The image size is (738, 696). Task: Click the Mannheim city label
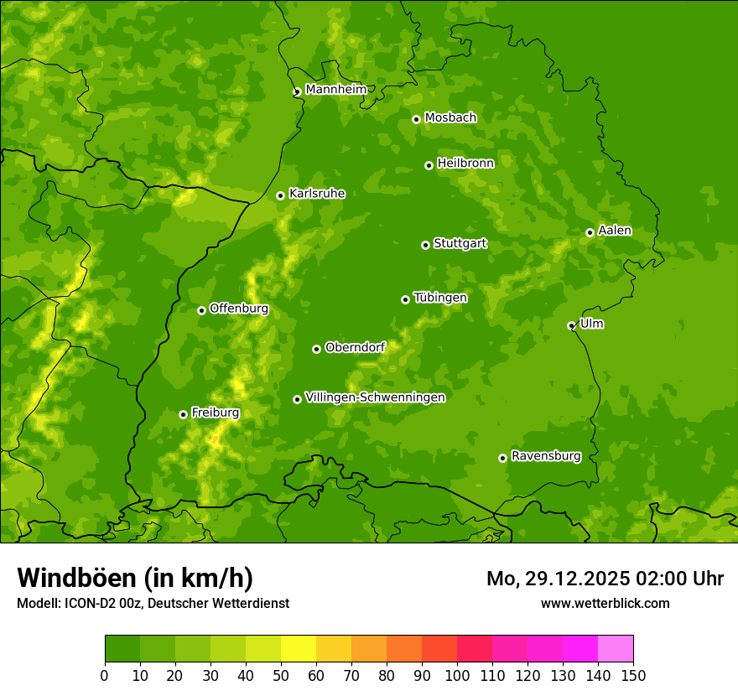(x=335, y=90)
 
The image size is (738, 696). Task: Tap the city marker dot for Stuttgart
(x=425, y=245)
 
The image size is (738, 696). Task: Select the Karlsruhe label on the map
(x=316, y=194)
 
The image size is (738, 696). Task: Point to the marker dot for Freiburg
(x=183, y=414)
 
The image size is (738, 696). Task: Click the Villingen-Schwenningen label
(x=375, y=397)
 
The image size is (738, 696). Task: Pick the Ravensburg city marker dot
(x=502, y=458)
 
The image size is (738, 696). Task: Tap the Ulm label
(x=591, y=324)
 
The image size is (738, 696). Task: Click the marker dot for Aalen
(x=590, y=232)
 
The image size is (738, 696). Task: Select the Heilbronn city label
(x=465, y=164)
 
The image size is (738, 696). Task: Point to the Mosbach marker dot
(x=416, y=119)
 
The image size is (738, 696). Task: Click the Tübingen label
(x=440, y=298)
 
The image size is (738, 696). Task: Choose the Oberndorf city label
(x=355, y=347)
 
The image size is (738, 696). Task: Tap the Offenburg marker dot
(x=201, y=310)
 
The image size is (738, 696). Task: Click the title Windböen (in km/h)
(x=135, y=578)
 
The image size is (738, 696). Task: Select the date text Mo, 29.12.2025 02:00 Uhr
(x=605, y=579)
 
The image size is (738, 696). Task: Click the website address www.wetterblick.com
(x=605, y=603)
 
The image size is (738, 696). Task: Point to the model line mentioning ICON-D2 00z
(x=153, y=603)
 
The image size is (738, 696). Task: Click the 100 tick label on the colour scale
(x=457, y=675)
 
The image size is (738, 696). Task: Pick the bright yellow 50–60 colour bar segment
(x=299, y=649)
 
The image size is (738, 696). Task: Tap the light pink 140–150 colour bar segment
(x=616, y=649)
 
